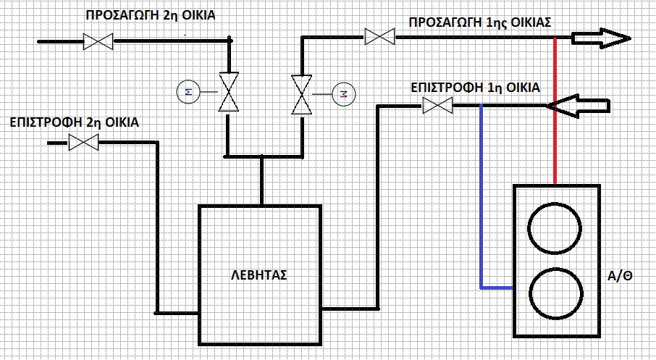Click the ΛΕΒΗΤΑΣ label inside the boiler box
(259, 275)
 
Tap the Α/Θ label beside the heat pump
(620, 276)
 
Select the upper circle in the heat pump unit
(555, 228)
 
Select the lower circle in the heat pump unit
(556, 293)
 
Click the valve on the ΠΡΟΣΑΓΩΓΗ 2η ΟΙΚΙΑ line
(98, 41)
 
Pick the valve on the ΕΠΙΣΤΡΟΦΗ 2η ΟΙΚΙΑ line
(83, 143)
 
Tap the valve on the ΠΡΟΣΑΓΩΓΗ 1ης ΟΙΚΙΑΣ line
(380, 36)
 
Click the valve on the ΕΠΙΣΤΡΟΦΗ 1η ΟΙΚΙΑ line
(437, 105)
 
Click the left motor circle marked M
(188, 92)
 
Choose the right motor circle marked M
(343, 93)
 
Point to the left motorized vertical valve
(228, 92)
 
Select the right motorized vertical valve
(302, 95)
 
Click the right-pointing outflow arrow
(600, 38)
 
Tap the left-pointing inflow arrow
(579, 106)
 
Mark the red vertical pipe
(555, 111)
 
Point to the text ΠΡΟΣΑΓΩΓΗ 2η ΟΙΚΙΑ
(150, 15)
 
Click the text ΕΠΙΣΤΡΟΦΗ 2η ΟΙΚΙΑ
(74, 122)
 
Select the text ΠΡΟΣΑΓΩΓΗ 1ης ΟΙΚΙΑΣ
(479, 22)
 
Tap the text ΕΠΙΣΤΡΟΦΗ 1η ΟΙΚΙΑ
(475, 88)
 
